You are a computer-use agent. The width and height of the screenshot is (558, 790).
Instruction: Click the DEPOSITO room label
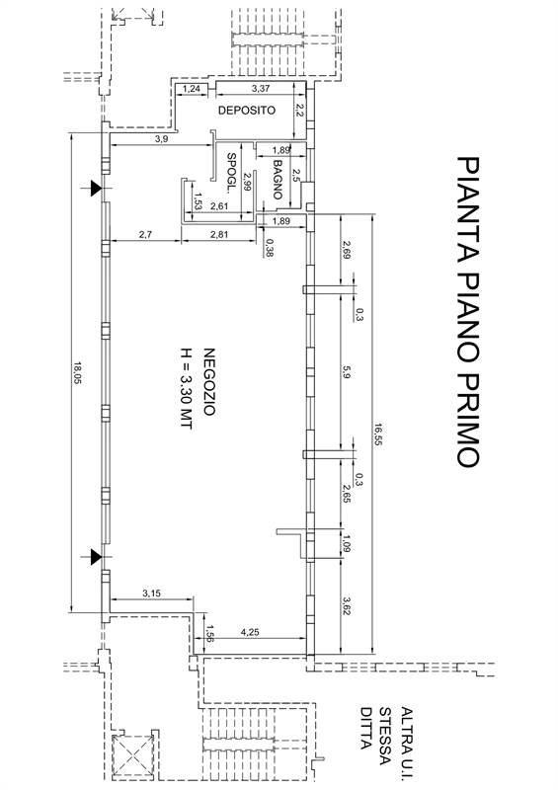pyautogui.click(x=247, y=111)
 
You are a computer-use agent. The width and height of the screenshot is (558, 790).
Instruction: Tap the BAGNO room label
pyautogui.click(x=278, y=180)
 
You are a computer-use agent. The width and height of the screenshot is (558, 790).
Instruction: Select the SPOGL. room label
pyautogui.click(x=231, y=173)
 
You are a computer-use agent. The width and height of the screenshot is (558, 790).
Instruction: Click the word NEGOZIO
pyautogui.click(x=209, y=381)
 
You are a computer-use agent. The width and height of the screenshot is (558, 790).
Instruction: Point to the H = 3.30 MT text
pyautogui.click(x=186, y=388)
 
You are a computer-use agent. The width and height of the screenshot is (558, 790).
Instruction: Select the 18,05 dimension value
pyautogui.click(x=77, y=373)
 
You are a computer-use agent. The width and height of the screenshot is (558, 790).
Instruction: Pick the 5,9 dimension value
pyautogui.click(x=348, y=372)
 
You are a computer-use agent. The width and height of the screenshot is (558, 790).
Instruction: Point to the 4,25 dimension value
pyautogui.click(x=250, y=632)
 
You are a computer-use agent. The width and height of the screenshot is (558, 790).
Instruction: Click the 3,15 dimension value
pyautogui.click(x=151, y=593)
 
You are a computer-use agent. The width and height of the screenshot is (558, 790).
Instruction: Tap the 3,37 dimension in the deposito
pyautogui.click(x=261, y=88)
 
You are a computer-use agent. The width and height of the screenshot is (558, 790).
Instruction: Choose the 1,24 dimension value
pyautogui.click(x=192, y=89)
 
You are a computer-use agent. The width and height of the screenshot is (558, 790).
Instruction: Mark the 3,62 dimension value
pyautogui.click(x=348, y=606)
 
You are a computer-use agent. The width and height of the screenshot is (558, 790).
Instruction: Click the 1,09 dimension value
pyautogui.click(x=347, y=543)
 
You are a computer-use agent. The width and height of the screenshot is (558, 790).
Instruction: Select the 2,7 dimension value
pyautogui.click(x=145, y=234)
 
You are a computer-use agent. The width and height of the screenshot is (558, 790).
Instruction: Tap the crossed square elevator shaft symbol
pyautogui.click(x=132, y=756)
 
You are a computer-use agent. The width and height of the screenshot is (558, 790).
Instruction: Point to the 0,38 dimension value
pyautogui.click(x=271, y=248)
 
